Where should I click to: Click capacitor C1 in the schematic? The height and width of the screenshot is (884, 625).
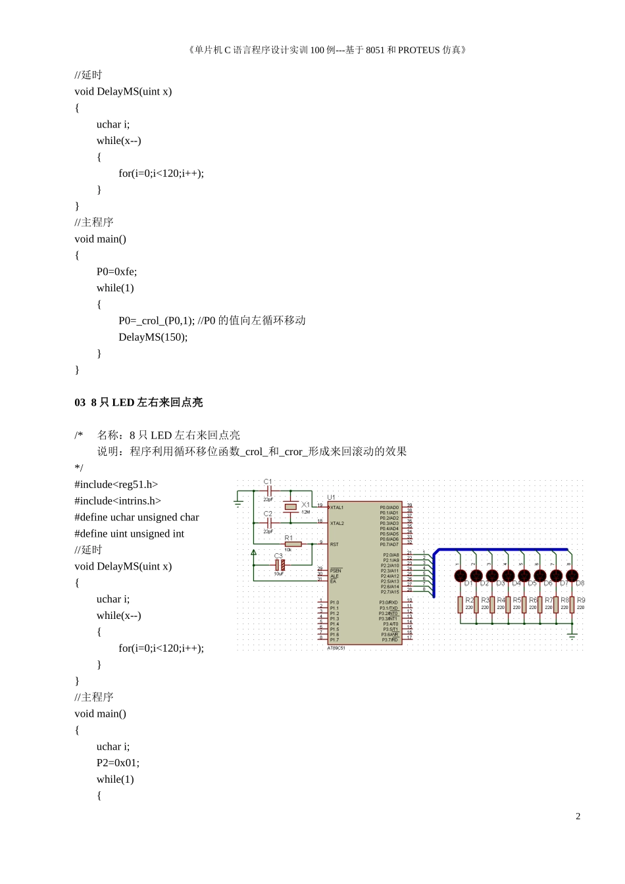269,491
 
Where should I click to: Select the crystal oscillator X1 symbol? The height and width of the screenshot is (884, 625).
291,506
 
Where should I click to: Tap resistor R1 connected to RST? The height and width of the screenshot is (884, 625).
293,544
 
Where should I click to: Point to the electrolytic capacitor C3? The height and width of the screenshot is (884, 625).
280,565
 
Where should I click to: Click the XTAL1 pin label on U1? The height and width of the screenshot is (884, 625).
337,508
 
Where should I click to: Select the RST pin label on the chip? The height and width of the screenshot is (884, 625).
334,545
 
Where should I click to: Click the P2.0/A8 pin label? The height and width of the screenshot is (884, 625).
391,555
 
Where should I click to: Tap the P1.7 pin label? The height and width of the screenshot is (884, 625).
335,639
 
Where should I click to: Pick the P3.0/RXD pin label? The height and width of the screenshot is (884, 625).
389,602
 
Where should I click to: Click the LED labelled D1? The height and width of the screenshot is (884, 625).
461,576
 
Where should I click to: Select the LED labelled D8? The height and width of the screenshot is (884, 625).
572,576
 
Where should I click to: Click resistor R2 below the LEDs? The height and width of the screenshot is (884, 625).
461,604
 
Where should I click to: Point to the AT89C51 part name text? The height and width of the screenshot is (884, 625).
336,648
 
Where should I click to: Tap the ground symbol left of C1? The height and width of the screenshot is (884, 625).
238,503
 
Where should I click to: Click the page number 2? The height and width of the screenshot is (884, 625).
578,816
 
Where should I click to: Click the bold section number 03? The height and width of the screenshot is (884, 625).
80,403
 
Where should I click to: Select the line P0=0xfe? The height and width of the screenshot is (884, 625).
116,272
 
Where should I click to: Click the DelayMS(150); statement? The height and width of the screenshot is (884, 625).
153,337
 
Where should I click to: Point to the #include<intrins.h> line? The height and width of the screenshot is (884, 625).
118,501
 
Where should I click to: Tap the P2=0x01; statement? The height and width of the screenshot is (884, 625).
118,763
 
